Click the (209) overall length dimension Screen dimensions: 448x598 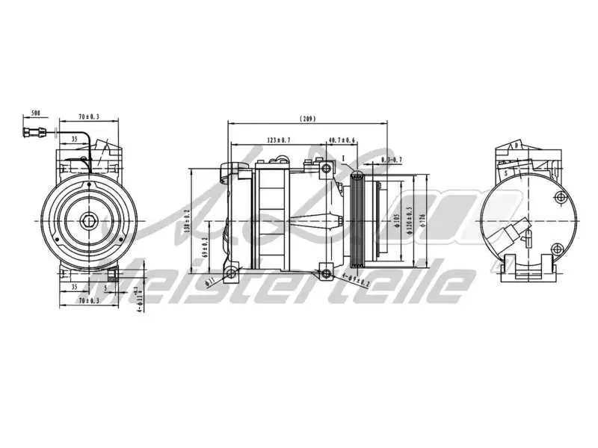click(308, 118)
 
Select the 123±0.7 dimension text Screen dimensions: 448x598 click(278, 140)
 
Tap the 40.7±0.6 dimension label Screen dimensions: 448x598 click(342, 140)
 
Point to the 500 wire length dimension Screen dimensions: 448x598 click(35, 114)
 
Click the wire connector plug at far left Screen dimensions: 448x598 click(34, 135)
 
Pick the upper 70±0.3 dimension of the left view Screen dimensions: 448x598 click(90, 116)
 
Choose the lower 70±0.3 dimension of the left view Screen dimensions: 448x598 click(88, 300)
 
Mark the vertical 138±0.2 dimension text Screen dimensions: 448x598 click(187, 220)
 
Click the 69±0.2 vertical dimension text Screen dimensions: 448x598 click(205, 247)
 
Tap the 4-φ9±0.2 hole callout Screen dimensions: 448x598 click(356, 281)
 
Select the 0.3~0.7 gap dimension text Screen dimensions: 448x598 click(392, 160)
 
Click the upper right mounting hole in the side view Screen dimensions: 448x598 click(326, 169)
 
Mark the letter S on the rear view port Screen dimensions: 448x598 click(506, 172)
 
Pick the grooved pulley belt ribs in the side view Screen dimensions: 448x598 click(357, 220)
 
